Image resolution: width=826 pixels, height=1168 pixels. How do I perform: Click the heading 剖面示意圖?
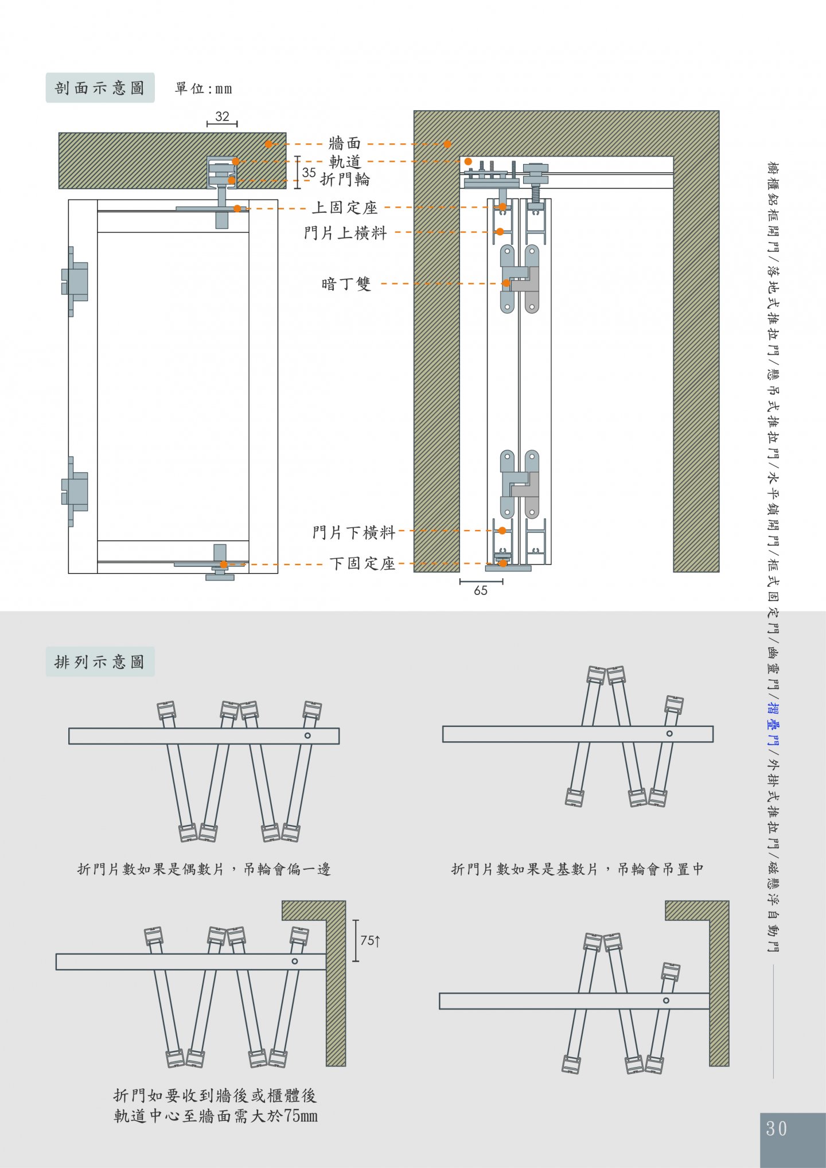tap(100, 88)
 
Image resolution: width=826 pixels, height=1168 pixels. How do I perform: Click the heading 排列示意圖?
tap(100, 662)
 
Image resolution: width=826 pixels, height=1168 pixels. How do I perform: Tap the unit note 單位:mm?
tap(204, 88)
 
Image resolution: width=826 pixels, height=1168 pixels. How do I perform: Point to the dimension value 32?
tap(222, 116)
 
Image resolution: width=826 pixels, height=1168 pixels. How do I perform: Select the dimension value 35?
tap(309, 172)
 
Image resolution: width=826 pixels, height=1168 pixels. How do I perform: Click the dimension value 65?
tap(481, 590)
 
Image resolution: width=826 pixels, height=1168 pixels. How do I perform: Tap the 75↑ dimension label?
tap(371, 940)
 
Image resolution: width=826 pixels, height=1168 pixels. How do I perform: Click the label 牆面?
tap(345, 143)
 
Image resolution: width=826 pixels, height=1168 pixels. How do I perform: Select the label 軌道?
tap(345, 162)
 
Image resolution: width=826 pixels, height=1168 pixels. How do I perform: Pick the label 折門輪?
tap(345, 180)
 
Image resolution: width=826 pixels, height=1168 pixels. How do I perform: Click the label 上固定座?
tap(345, 207)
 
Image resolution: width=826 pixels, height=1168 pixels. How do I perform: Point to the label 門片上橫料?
tap(345, 233)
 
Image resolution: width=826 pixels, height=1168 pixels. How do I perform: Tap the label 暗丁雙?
tap(346, 283)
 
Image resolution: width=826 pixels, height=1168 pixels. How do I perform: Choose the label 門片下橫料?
tap(354, 532)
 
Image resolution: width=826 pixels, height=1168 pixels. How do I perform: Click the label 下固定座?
tap(363, 563)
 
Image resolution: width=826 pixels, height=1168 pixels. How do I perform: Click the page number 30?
tap(777, 1128)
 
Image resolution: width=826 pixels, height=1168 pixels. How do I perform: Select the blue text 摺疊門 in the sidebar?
tap(773, 725)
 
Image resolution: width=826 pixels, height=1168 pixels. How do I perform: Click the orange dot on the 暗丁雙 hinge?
tap(506, 283)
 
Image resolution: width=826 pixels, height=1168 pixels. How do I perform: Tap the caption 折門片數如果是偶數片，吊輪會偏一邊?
tap(204, 869)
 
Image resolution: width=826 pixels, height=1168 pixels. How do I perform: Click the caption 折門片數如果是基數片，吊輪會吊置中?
tap(578, 869)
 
